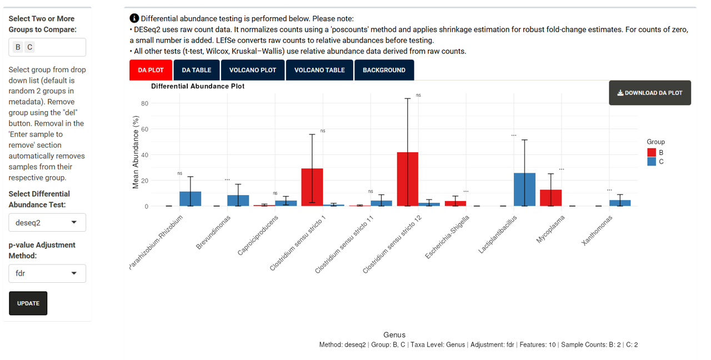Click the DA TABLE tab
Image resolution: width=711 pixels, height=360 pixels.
197,70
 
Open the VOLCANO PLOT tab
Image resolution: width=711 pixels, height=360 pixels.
253,70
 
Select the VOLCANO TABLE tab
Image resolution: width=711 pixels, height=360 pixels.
319,70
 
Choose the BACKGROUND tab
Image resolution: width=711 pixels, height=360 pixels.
384,70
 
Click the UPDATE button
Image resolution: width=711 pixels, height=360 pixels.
28,303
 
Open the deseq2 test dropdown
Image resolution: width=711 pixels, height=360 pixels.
47,222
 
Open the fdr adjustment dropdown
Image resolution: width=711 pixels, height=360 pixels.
47,273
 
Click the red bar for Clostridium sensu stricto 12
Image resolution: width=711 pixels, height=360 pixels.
408,179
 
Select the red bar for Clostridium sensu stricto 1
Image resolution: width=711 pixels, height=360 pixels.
312,187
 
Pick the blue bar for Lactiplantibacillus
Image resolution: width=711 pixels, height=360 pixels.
524,189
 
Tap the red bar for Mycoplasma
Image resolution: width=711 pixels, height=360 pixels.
550,198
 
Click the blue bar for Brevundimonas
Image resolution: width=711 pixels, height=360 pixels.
238,201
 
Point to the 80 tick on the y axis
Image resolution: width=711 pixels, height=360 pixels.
144,103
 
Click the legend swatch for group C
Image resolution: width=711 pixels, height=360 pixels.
652,162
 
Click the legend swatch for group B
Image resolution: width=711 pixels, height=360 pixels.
652,152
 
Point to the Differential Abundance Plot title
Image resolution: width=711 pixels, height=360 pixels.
198,86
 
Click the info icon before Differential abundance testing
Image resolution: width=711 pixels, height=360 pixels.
134,18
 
